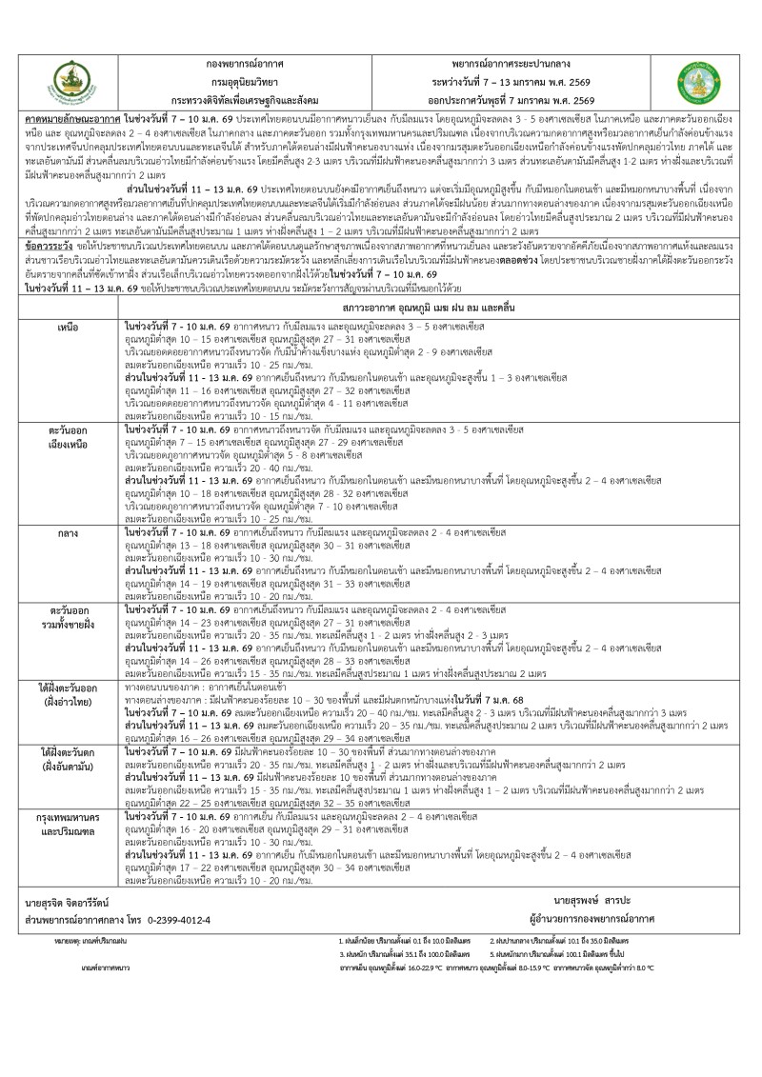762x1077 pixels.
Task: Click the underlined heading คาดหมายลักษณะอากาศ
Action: tap(71, 124)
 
